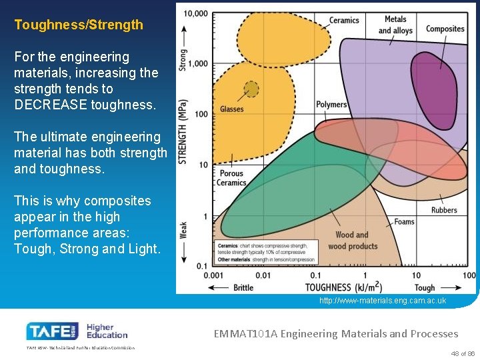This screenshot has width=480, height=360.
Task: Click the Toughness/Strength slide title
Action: (x=79, y=25)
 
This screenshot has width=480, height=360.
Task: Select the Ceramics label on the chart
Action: (x=344, y=20)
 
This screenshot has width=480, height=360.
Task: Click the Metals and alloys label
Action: (x=395, y=25)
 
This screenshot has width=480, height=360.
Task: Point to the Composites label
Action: (x=445, y=29)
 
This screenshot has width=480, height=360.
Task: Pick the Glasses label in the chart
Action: (x=231, y=109)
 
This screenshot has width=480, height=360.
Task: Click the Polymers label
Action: (x=331, y=105)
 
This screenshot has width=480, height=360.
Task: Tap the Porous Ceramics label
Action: (x=231, y=178)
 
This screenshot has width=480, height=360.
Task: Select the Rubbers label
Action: (x=444, y=210)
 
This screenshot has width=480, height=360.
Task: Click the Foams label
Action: (x=404, y=222)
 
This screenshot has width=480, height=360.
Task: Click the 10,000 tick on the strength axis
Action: (x=195, y=13)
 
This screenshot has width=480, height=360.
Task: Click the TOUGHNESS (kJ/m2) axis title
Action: (x=343, y=287)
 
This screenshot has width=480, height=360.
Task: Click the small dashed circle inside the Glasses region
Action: (x=251, y=89)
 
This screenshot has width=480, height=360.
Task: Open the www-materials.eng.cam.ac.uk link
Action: (x=383, y=301)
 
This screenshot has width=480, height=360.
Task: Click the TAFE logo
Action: (x=51, y=331)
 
